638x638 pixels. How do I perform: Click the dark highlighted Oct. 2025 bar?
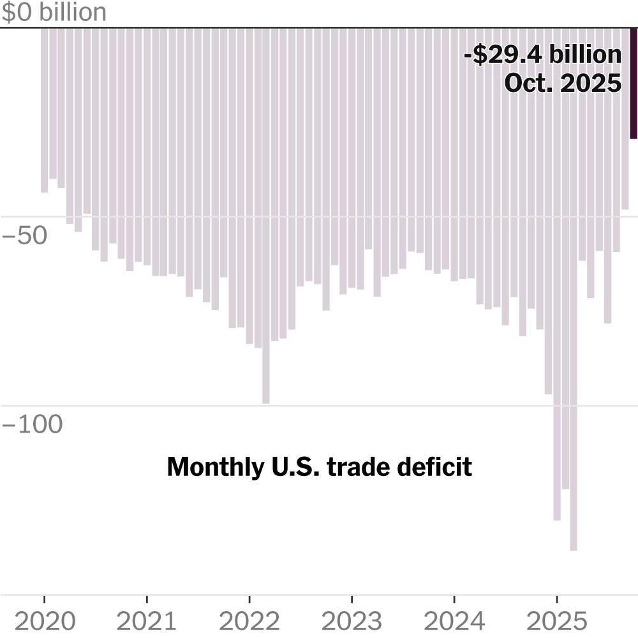tap(634, 83)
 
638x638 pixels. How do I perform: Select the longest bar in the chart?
tap(574, 287)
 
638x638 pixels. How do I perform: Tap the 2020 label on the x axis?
tap(44, 620)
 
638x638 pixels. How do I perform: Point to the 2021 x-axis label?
tap(147, 620)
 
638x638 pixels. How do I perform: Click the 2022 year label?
tap(249, 620)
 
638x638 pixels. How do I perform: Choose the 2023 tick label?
tap(352, 620)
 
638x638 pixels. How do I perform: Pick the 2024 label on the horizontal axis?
tap(454, 620)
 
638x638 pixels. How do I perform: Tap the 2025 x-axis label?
tap(556, 620)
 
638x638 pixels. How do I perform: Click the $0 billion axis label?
tap(54, 13)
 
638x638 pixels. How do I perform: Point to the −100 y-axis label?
tap(33, 424)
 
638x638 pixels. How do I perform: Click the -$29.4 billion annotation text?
tap(542, 55)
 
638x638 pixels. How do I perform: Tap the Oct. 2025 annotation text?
tap(563, 83)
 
